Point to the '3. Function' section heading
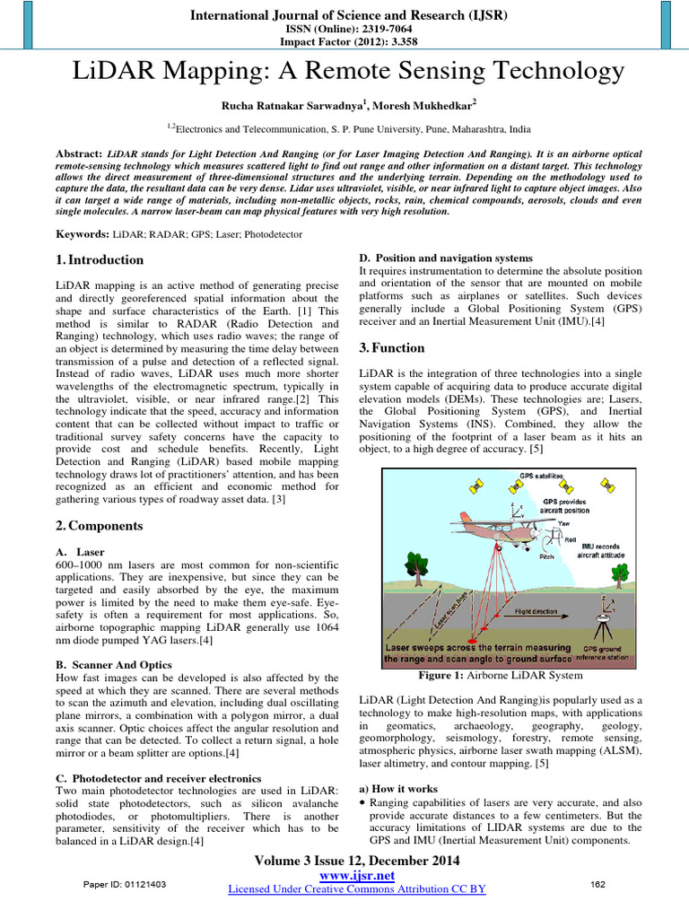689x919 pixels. point(393,348)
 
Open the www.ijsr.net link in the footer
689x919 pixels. point(357,875)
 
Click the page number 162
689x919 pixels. point(598,885)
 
